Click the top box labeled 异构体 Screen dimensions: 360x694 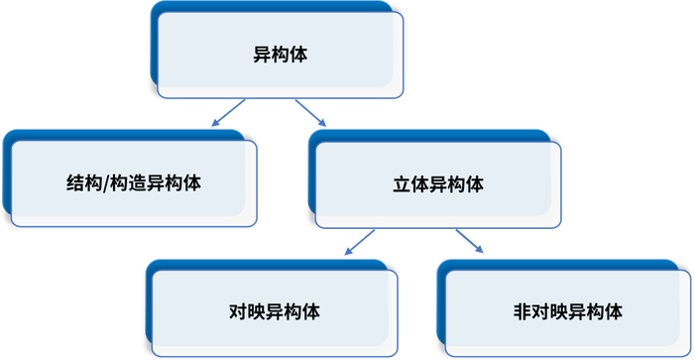[x=281, y=55]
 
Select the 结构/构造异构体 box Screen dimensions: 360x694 [x=133, y=182]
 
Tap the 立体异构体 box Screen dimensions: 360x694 [x=437, y=184]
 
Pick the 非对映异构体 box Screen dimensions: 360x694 [x=562, y=311]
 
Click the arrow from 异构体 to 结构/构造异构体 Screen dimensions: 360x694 [x=227, y=113]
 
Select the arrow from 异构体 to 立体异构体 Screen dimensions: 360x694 [x=310, y=113]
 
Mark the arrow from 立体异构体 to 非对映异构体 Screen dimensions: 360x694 [x=469, y=241]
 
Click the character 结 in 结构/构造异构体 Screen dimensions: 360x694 [x=74, y=183]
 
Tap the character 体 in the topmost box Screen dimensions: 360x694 [x=299, y=55]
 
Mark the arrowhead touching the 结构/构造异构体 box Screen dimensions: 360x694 [x=213, y=123]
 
